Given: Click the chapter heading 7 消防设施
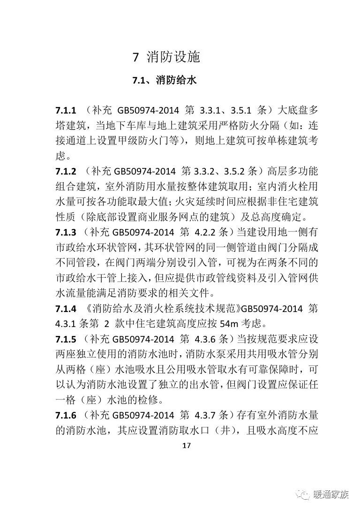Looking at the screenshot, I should pos(166,57).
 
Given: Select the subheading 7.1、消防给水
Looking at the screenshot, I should pos(164,80).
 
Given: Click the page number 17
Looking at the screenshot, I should pos(186,446).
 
